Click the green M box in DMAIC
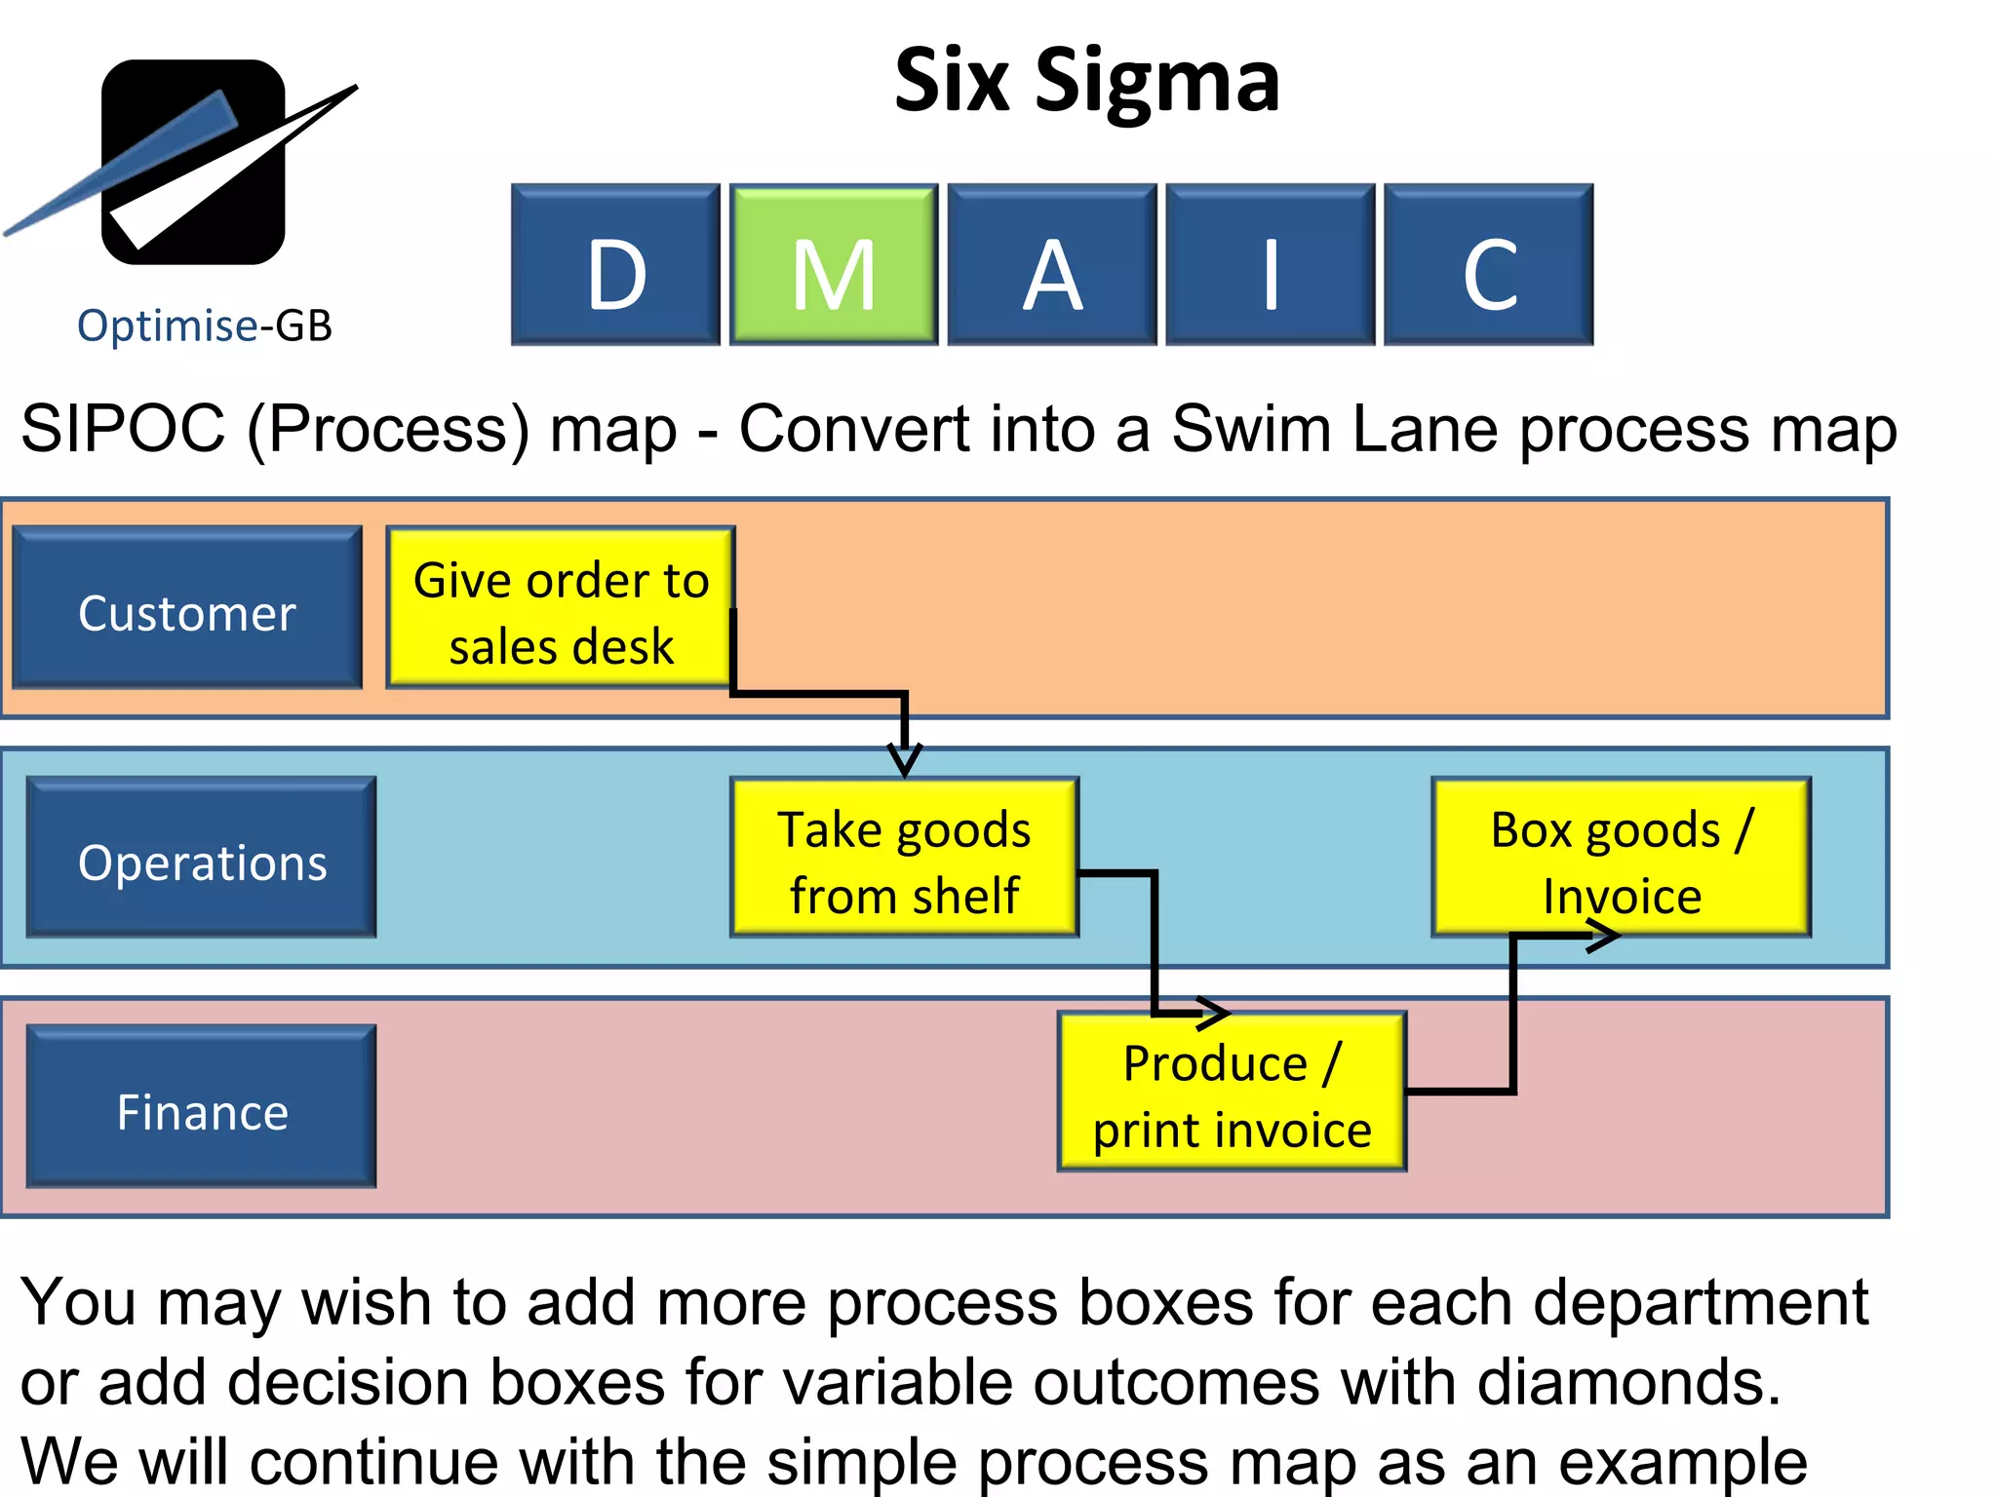pyautogui.click(x=834, y=264)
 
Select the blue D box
pyautogui.click(x=615, y=264)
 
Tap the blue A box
pyautogui.click(x=1052, y=264)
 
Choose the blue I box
pyautogui.click(x=1270, y=264)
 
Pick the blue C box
pyautogui.click(x=1488, y=264)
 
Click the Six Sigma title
pyautogui.click(x=1086, y=82)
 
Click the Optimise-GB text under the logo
pyautogui.click(x=205, y=326)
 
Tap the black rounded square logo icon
pyautogui.click(x=193, y=162)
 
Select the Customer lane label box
pyautogui.click(x=187, y=608)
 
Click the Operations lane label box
pyautogui.click(x=202, y=858)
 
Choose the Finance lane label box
pyautogui.click(x=202, y=1107)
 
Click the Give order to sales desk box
pyautogui.click(x=561, y=608)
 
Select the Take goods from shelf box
pyautogui.click(x=904, y=858)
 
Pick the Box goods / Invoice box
pyautogui.click(x=1621, y=858)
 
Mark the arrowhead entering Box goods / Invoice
pyautogui.click(x=1603, y=937)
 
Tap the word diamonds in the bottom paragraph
pyautogui.click(x=1628, y=1382)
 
